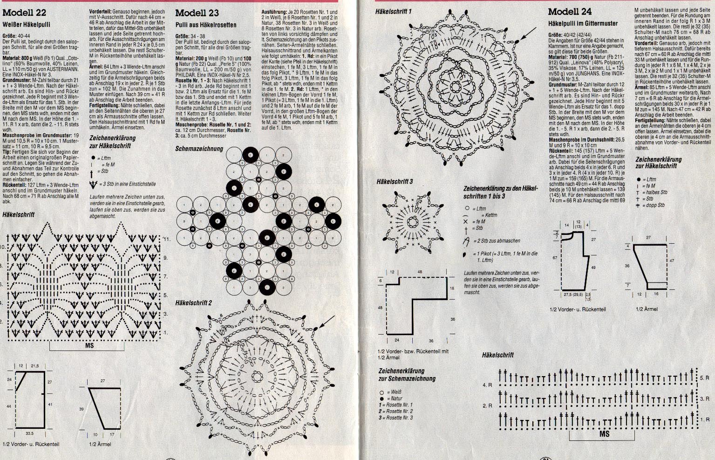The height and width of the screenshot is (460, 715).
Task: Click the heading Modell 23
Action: coord(197,13)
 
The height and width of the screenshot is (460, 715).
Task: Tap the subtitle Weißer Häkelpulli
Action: coord(27,24)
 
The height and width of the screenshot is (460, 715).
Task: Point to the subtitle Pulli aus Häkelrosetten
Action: coord(206,25)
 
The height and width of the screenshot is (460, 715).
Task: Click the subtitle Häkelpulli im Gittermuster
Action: coord(583,23)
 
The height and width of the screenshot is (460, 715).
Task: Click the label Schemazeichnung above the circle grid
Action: coord(199,149)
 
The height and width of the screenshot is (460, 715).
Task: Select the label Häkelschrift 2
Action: coord(194,303)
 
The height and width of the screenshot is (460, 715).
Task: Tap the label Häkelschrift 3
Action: coord(395,182)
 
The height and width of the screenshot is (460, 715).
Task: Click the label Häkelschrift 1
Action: coord(394,10)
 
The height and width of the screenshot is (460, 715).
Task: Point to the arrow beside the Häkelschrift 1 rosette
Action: coord(528,33)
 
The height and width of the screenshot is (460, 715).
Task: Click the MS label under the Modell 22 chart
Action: coord(90,346)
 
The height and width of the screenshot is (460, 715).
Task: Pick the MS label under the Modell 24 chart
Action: coord(604,434)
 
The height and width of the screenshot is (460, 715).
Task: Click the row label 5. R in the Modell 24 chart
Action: coord(704,378)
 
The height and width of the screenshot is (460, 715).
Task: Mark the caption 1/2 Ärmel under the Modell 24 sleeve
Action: coord(647,309)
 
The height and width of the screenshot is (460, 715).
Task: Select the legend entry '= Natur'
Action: coord(391,399)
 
